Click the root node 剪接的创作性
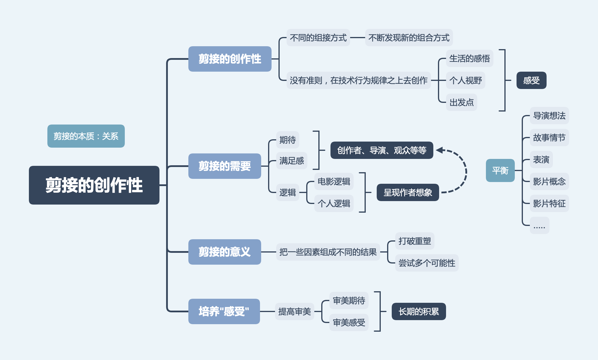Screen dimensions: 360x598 (x=94, y=185)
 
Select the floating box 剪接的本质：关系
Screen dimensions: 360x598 (x=86, y=136)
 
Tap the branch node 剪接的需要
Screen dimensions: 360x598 (x=224, y=166)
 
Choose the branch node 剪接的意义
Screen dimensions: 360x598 (x=224, y=252)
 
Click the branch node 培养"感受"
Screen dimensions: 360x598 (x=224, y=311)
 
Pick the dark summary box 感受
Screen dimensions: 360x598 (x=531, y=80)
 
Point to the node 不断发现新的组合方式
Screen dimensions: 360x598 (x=409, y=38)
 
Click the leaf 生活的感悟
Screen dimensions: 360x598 (x=469, y=58)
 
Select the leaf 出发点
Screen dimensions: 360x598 (x=461, y=102)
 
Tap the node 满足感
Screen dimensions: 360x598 (x=291, y=161)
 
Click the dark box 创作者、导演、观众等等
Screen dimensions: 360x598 (x=382, y=150)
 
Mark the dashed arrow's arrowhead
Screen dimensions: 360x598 (x=439, y=150)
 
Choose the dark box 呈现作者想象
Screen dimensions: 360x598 (x=408, y=192)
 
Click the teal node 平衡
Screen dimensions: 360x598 (x=500, y=170)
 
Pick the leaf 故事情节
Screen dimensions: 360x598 (x=549, y=138)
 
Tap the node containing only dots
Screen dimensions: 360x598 (x=539, y=225)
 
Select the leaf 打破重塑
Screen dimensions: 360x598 (x=415, y=241)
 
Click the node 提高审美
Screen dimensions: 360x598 (x=294, y=311)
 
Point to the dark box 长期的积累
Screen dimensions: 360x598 (x=419, y=311)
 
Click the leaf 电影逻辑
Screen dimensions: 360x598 (x=334, y=181)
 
